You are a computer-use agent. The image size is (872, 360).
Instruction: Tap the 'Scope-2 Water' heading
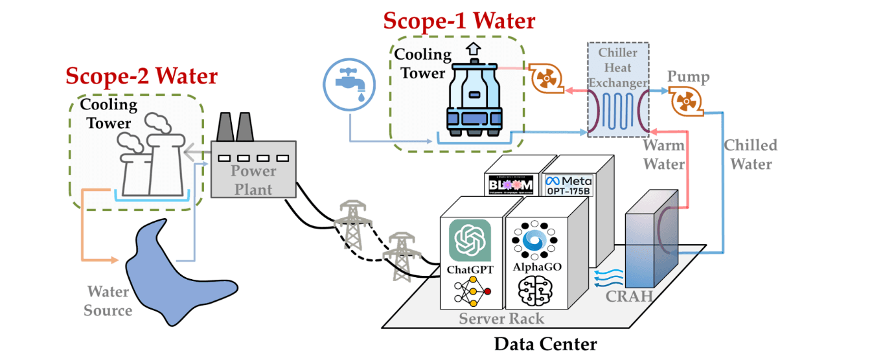[141, 76]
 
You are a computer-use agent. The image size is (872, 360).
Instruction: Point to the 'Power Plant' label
[253, 179]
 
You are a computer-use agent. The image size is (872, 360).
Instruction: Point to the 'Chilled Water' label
[750, 154]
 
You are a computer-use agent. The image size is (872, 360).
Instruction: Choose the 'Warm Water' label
[663, 155]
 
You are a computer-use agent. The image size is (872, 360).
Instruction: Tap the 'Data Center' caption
[545, 343]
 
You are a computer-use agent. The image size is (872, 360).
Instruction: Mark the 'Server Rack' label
[501, 318]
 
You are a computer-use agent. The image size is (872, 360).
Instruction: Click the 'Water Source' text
[108, 301]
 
